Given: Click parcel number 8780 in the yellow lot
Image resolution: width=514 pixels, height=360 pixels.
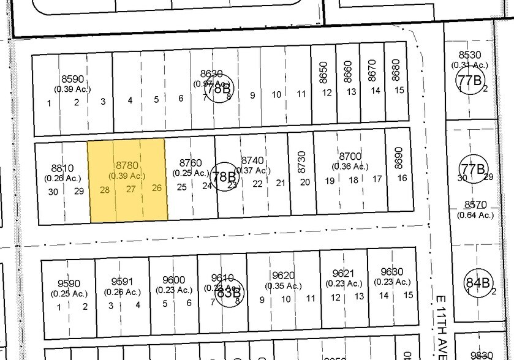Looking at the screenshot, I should click(128, 165).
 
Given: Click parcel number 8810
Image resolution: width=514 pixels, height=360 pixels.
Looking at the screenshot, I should click(62, 168).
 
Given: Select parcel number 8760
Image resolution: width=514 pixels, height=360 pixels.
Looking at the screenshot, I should click(191, 163).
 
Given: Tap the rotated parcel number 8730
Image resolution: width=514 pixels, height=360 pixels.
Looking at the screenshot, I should click(301, 161).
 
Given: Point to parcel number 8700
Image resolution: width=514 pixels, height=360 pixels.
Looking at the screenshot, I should click(350, 157).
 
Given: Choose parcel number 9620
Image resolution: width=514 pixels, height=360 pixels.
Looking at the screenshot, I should click(284, 276).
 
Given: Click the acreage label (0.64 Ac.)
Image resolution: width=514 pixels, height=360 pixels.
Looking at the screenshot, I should click(475, 215).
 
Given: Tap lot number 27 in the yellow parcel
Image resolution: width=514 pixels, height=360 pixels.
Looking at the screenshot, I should click(130, 190).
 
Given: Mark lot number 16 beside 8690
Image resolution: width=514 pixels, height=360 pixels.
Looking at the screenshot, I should click(402, 178).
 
